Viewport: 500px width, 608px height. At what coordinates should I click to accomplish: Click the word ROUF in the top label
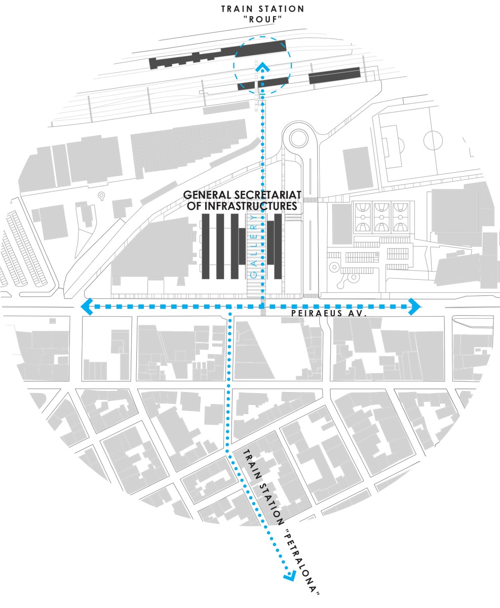262,20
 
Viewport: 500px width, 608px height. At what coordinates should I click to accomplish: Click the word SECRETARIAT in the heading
267,195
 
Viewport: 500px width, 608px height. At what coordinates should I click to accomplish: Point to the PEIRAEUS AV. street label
329,313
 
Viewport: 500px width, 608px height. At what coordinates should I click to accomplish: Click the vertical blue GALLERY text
254,246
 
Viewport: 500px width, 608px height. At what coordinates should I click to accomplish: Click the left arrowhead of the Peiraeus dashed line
87,307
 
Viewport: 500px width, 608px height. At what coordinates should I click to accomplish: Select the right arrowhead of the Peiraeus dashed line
414,307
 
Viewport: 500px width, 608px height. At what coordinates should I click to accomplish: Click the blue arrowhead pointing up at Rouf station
262,68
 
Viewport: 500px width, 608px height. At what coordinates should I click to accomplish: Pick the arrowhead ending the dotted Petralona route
290,576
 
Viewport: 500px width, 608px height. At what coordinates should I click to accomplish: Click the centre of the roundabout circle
298,138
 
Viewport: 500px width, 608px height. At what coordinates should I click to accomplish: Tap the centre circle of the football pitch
433,140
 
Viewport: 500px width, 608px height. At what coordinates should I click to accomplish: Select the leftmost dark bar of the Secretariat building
206,246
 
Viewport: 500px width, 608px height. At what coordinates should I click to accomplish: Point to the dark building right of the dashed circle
334,75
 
